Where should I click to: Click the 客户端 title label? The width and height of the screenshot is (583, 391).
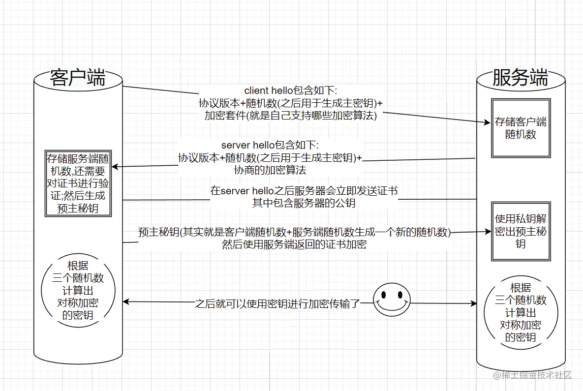[78, 78]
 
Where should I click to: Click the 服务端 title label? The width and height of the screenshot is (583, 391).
[520, 78]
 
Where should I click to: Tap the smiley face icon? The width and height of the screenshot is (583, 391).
[392, 301]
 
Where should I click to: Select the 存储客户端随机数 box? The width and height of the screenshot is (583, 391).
[521, 128]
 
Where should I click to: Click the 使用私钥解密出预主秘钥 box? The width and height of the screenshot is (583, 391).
[521, 231]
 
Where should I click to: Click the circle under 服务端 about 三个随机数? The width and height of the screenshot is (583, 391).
[521, 313]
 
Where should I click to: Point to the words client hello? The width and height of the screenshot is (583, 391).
[262, 91]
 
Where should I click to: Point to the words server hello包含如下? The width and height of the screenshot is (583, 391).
[270, 146]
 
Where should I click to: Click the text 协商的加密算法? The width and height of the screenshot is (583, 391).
[270, 171]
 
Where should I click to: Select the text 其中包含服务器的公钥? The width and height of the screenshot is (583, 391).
[304, 203]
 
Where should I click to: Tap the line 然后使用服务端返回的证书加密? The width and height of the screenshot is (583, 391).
[294, 244]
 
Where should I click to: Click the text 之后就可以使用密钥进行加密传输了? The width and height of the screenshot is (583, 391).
[278, 303]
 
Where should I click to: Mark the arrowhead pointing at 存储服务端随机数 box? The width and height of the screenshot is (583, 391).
[117, 167]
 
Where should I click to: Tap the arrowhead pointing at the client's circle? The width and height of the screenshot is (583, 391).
[126, 302]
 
